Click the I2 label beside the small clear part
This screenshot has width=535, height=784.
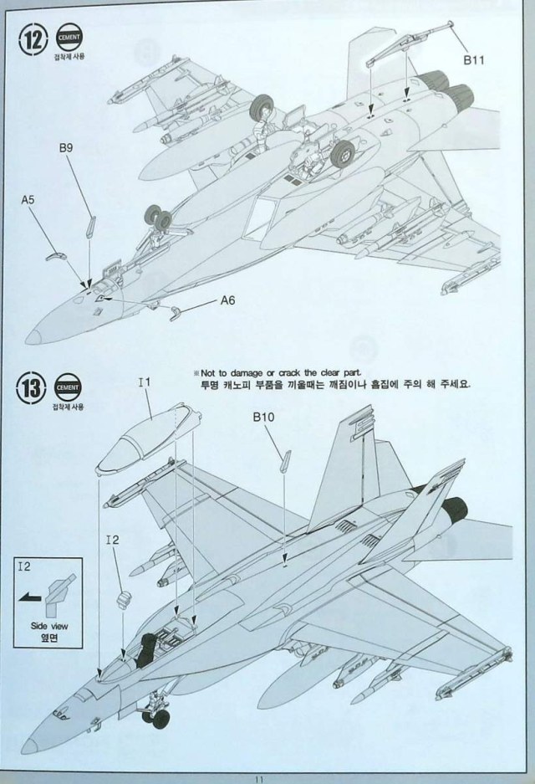tap(114, 540)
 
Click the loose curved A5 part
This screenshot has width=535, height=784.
tap(54, 254)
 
